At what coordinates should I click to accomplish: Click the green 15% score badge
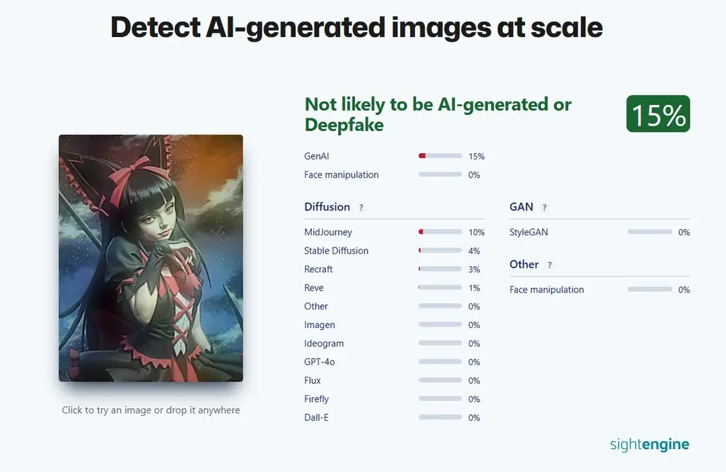[658, 114]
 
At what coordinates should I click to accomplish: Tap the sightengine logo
[649, 444]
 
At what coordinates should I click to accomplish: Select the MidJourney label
[328, 232]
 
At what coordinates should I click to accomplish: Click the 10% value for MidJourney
[477, 233]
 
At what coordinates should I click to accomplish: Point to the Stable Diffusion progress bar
[440, 251]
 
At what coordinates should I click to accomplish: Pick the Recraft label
[319, 269]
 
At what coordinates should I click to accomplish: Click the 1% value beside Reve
[475, 288]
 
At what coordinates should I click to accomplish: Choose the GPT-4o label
[319, 362]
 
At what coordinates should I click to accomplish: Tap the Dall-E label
[316, 418]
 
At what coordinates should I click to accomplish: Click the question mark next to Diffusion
[361, 208]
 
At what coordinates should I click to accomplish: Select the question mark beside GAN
[544, 208]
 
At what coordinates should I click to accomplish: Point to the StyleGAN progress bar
[649, 232]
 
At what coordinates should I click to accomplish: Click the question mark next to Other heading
[549, 266]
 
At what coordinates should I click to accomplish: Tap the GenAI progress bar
[440, 156]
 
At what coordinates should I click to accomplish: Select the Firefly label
[317, 399]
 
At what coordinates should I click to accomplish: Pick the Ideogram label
[324, 344]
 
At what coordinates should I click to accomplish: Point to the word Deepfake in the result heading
[344, 124]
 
